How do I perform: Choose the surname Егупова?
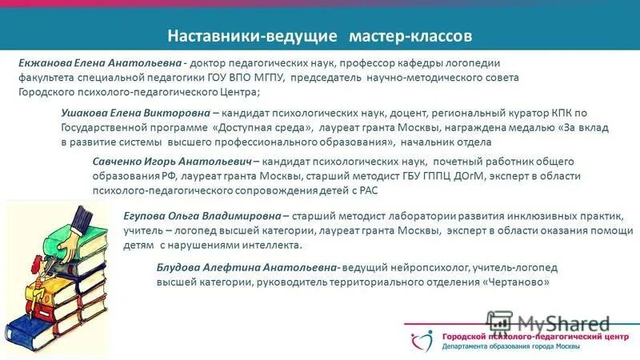(x=150, y=215)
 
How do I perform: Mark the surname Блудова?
(x=181, y=268)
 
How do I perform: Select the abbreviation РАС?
(x=366, y=192)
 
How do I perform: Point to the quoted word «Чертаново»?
(x=518, y=283)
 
